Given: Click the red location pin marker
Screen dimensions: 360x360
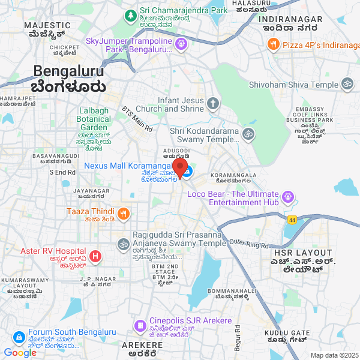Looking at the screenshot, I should (x=180, y=167).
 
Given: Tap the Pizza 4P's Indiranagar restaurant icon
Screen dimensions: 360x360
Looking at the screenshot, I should (x=273, y=44).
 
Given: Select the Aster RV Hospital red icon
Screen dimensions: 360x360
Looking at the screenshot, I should (x=95, y=257).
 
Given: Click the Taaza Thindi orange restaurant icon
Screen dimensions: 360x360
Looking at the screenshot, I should (x=123, y=212).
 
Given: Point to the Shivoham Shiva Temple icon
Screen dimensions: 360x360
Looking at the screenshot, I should (x=347, y=85).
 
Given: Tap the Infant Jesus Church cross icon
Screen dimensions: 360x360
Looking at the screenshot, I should (x=213, y=104).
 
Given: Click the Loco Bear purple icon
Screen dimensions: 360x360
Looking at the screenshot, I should (x=288, y=196).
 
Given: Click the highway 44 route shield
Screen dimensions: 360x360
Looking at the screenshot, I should (x=292, y=220).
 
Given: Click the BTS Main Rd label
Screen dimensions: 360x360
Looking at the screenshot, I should (x=137, y=119).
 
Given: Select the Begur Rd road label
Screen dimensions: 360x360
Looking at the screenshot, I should (x=237, y=339).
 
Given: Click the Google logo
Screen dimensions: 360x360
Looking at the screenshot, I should (x=20, y=353).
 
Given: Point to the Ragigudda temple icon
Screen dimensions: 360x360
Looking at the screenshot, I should (x=123, y=244).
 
